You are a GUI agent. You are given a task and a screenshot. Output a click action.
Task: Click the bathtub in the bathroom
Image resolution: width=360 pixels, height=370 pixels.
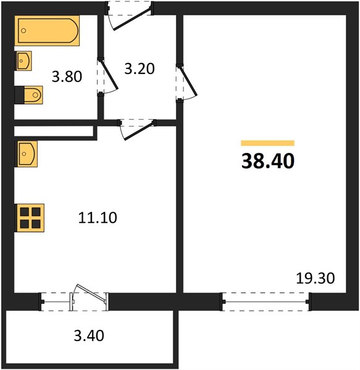[47, 31]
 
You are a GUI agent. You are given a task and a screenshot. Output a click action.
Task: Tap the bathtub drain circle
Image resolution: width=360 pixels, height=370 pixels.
[23, 30]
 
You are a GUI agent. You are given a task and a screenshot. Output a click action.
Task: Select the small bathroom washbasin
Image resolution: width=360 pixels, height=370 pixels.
[23, 61]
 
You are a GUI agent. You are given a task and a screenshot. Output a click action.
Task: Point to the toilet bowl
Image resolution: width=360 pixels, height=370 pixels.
[33, 95]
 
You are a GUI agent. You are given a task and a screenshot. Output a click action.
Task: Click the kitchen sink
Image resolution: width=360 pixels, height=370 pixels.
[26, 154]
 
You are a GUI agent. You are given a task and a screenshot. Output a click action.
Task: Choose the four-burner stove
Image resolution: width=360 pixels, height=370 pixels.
[30, 218]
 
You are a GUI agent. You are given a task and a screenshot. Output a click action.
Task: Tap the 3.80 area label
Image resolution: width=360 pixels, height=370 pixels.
[67, 76]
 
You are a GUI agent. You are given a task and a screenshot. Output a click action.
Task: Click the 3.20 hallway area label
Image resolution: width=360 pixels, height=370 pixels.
[140, 69]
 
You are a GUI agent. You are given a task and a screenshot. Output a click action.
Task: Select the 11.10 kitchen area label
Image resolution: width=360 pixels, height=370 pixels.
[98, 218]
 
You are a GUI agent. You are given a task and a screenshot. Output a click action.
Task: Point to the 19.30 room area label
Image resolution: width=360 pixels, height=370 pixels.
[316, 278]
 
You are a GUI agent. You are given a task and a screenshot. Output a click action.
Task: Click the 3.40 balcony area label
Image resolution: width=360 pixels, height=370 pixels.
[89, 335]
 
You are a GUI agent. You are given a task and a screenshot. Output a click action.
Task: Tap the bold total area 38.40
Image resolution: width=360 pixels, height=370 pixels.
[268, 161]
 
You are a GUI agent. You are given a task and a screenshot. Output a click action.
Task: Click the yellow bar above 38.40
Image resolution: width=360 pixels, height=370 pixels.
[267, 143]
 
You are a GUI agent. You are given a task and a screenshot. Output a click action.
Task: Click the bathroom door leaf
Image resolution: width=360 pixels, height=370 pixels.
[108, 74]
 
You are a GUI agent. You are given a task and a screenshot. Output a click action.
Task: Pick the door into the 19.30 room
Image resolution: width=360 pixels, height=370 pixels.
[188, 81]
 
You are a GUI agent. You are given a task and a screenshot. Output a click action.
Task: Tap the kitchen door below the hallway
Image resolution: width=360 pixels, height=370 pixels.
[140, 130]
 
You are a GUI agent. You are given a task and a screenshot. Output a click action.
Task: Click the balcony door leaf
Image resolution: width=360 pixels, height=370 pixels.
[91, 292]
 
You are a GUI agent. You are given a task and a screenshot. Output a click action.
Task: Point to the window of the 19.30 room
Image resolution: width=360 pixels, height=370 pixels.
[266, 302]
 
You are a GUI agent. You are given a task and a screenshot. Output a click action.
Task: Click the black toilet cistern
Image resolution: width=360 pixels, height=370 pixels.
[19, 95]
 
